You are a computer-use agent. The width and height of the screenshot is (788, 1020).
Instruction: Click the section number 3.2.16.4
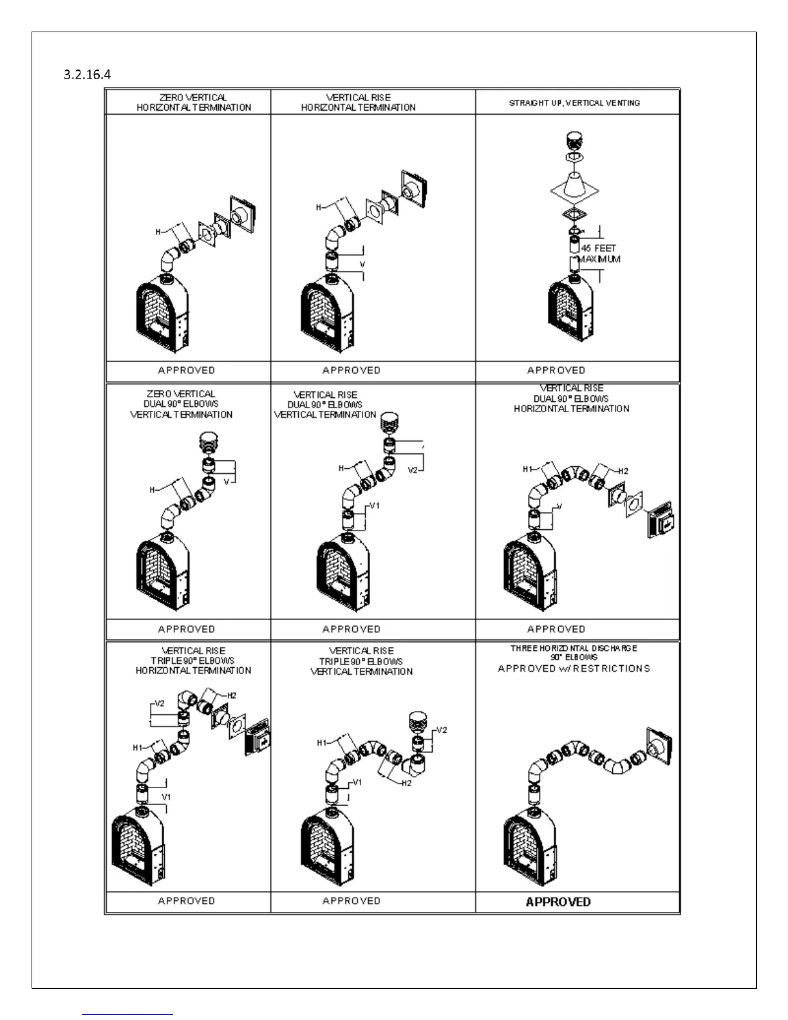click(87, 75)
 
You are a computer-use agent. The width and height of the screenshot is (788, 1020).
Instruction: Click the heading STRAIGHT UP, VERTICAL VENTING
click(574, 102)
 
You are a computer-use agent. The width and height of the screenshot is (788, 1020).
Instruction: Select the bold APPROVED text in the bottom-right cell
click(558, 902)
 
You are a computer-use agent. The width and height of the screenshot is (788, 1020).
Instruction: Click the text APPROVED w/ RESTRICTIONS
click(574, 669)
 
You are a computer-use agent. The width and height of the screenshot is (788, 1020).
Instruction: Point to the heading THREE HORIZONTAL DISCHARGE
click(574, 648)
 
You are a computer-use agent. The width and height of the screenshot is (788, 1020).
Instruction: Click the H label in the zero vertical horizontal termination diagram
click(158, 232)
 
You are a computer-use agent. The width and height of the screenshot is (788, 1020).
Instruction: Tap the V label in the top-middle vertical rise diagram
click(362, 265)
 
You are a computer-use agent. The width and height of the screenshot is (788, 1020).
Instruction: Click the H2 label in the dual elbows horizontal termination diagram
click(623, 471)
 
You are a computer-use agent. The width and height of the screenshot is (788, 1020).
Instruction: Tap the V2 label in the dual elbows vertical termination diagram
click(413, 471)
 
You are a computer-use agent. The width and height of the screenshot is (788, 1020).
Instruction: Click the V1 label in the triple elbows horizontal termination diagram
click(166, 797)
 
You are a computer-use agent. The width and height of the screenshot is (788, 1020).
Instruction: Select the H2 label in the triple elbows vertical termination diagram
click(406, 783)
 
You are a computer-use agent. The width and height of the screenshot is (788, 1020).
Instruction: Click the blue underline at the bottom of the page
click(127, 1014)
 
